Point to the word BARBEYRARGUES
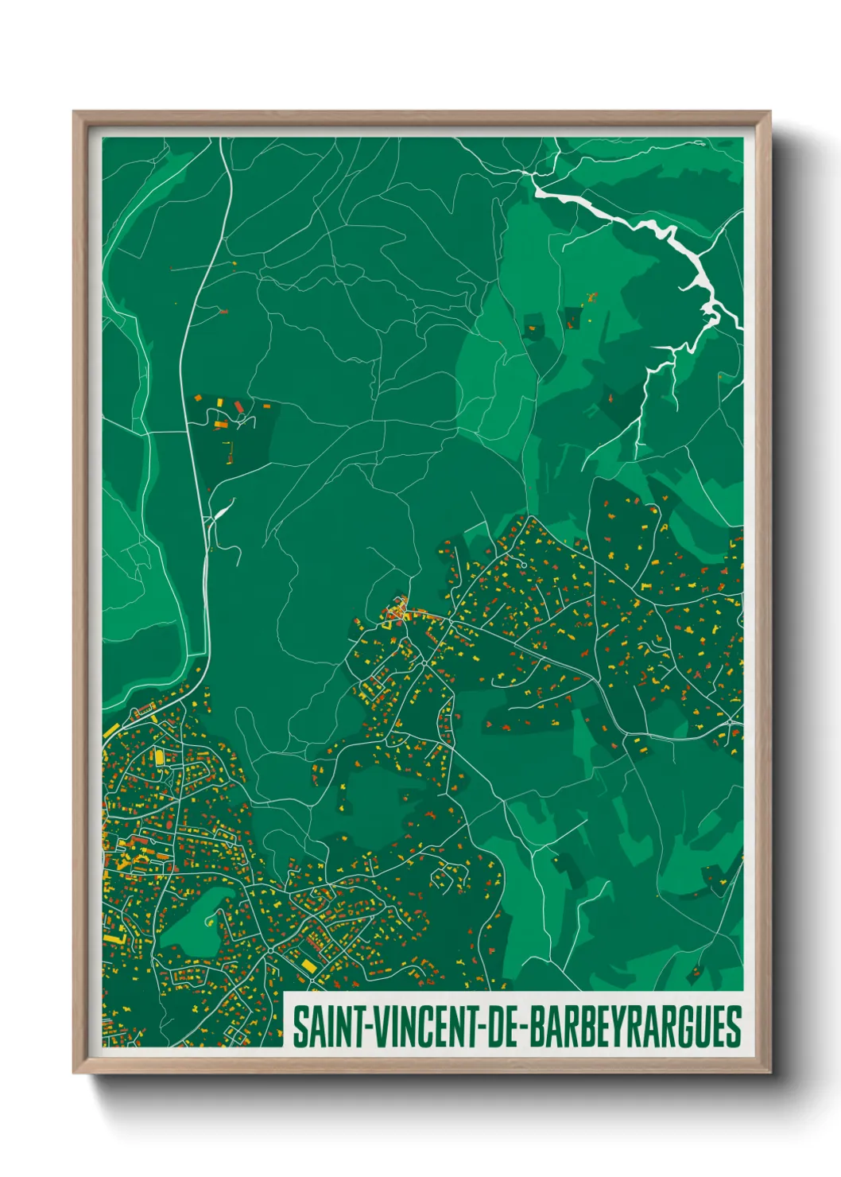click(635, 1027)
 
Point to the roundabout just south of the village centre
click(425, 662)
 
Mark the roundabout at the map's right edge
click(731, 722)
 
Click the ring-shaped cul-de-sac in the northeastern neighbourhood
click(523, 565)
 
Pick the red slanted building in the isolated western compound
click(238, 407)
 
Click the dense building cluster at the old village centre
click(396, 612)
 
